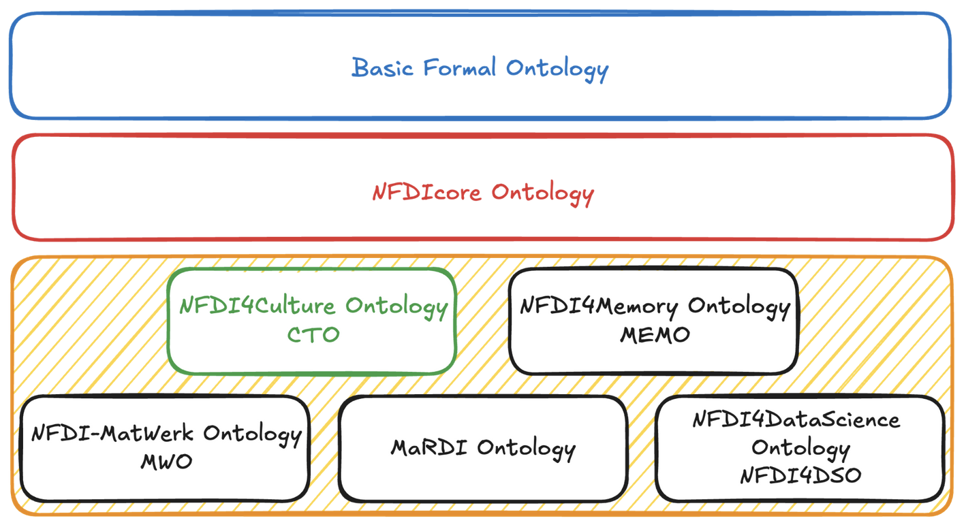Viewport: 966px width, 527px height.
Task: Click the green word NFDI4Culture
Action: tap(258, 306)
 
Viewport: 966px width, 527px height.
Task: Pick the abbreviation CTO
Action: tap(313, 335)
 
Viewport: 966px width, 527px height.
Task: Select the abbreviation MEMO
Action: tap(655, 335)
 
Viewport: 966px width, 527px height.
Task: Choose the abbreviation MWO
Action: tap(166, 462)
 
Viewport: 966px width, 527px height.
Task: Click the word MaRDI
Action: tap(429, 448)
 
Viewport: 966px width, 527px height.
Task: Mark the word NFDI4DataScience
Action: tap(796, 419)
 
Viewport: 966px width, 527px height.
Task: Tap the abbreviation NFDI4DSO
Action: tap(800, 475)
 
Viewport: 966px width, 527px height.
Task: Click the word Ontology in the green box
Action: tap(396, 307)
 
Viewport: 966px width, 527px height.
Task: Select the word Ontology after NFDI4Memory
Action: tap(738, 307)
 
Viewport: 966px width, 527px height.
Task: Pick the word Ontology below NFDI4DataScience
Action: tap(800, 449)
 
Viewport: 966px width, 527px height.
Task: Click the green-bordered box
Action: tap(311, 357)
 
